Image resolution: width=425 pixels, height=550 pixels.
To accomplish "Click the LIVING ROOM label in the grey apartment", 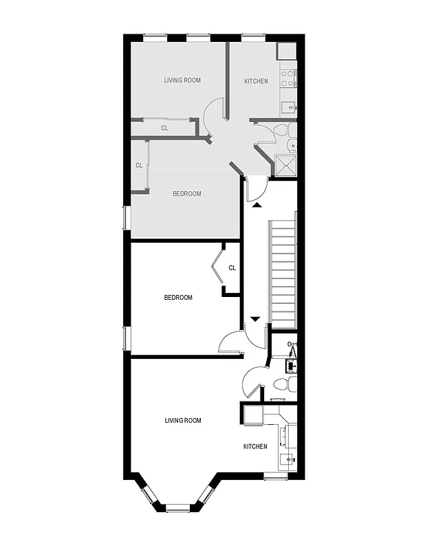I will click(182, 80).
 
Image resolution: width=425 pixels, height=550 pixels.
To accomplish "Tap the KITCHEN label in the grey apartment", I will click(256, 82).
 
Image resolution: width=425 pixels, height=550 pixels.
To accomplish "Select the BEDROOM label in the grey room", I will click(186, 194).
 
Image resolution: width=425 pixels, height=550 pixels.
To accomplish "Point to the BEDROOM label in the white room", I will click(178, 298).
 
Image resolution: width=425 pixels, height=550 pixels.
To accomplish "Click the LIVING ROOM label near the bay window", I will click(183, 420).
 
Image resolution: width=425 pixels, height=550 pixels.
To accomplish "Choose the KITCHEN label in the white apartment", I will click(255, 447).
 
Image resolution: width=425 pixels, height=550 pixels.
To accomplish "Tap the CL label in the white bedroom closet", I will click(232, 268).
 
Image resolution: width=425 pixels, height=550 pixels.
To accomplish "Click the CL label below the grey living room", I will click(164, 128).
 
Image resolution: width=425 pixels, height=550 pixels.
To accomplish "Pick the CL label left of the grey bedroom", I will click(139, 165).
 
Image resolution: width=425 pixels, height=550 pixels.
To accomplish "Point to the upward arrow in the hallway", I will click(256, 204).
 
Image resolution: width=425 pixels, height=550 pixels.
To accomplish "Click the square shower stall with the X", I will click(285, 164).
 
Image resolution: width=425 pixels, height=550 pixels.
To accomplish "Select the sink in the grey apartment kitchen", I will click(290, 107).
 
